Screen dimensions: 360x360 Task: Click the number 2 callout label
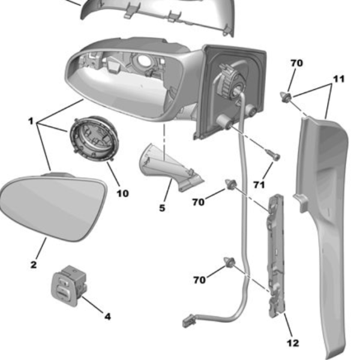pyautogui.click(x=34, y=265)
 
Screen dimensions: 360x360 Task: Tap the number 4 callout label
pyautogui.click(x=107, y=316)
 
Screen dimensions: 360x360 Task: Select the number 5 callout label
pyautogui.click(x=162, y=208)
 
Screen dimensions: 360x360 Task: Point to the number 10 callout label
pyautogui.click(x=122, y=193)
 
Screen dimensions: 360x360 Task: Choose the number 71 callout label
pyautogui.click(x=259, y=185)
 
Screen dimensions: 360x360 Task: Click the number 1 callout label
pyautogui.click(x=31, y=121)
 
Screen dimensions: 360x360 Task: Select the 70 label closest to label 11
pyautogui.click(x=296, y=62)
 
